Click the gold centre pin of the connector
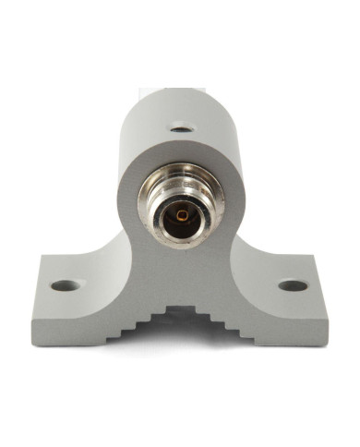coord(182,214)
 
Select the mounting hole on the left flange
coord(63,285)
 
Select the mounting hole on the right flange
coord(293,285)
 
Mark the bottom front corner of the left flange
coord(37,344)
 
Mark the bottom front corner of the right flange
coord(326,344)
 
